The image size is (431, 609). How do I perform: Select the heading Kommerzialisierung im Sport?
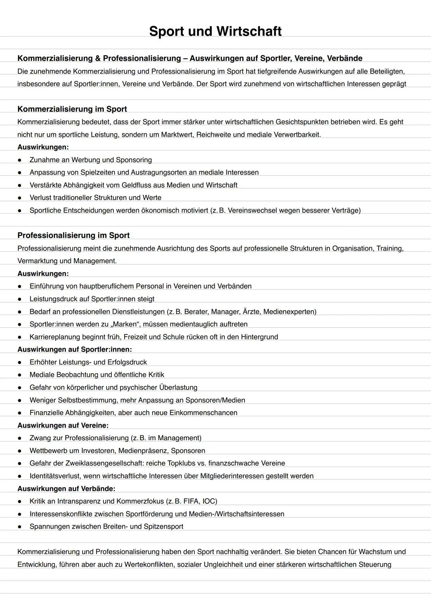click(72, 109)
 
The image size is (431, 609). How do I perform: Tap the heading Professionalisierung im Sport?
click(73, 235)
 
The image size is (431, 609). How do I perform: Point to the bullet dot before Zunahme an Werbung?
click(19, 160)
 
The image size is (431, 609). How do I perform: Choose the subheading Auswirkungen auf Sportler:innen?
click(75, 349)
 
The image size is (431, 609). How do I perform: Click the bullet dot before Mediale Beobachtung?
click(19, 375)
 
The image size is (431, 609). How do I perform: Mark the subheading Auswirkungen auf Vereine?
click(63, 425)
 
